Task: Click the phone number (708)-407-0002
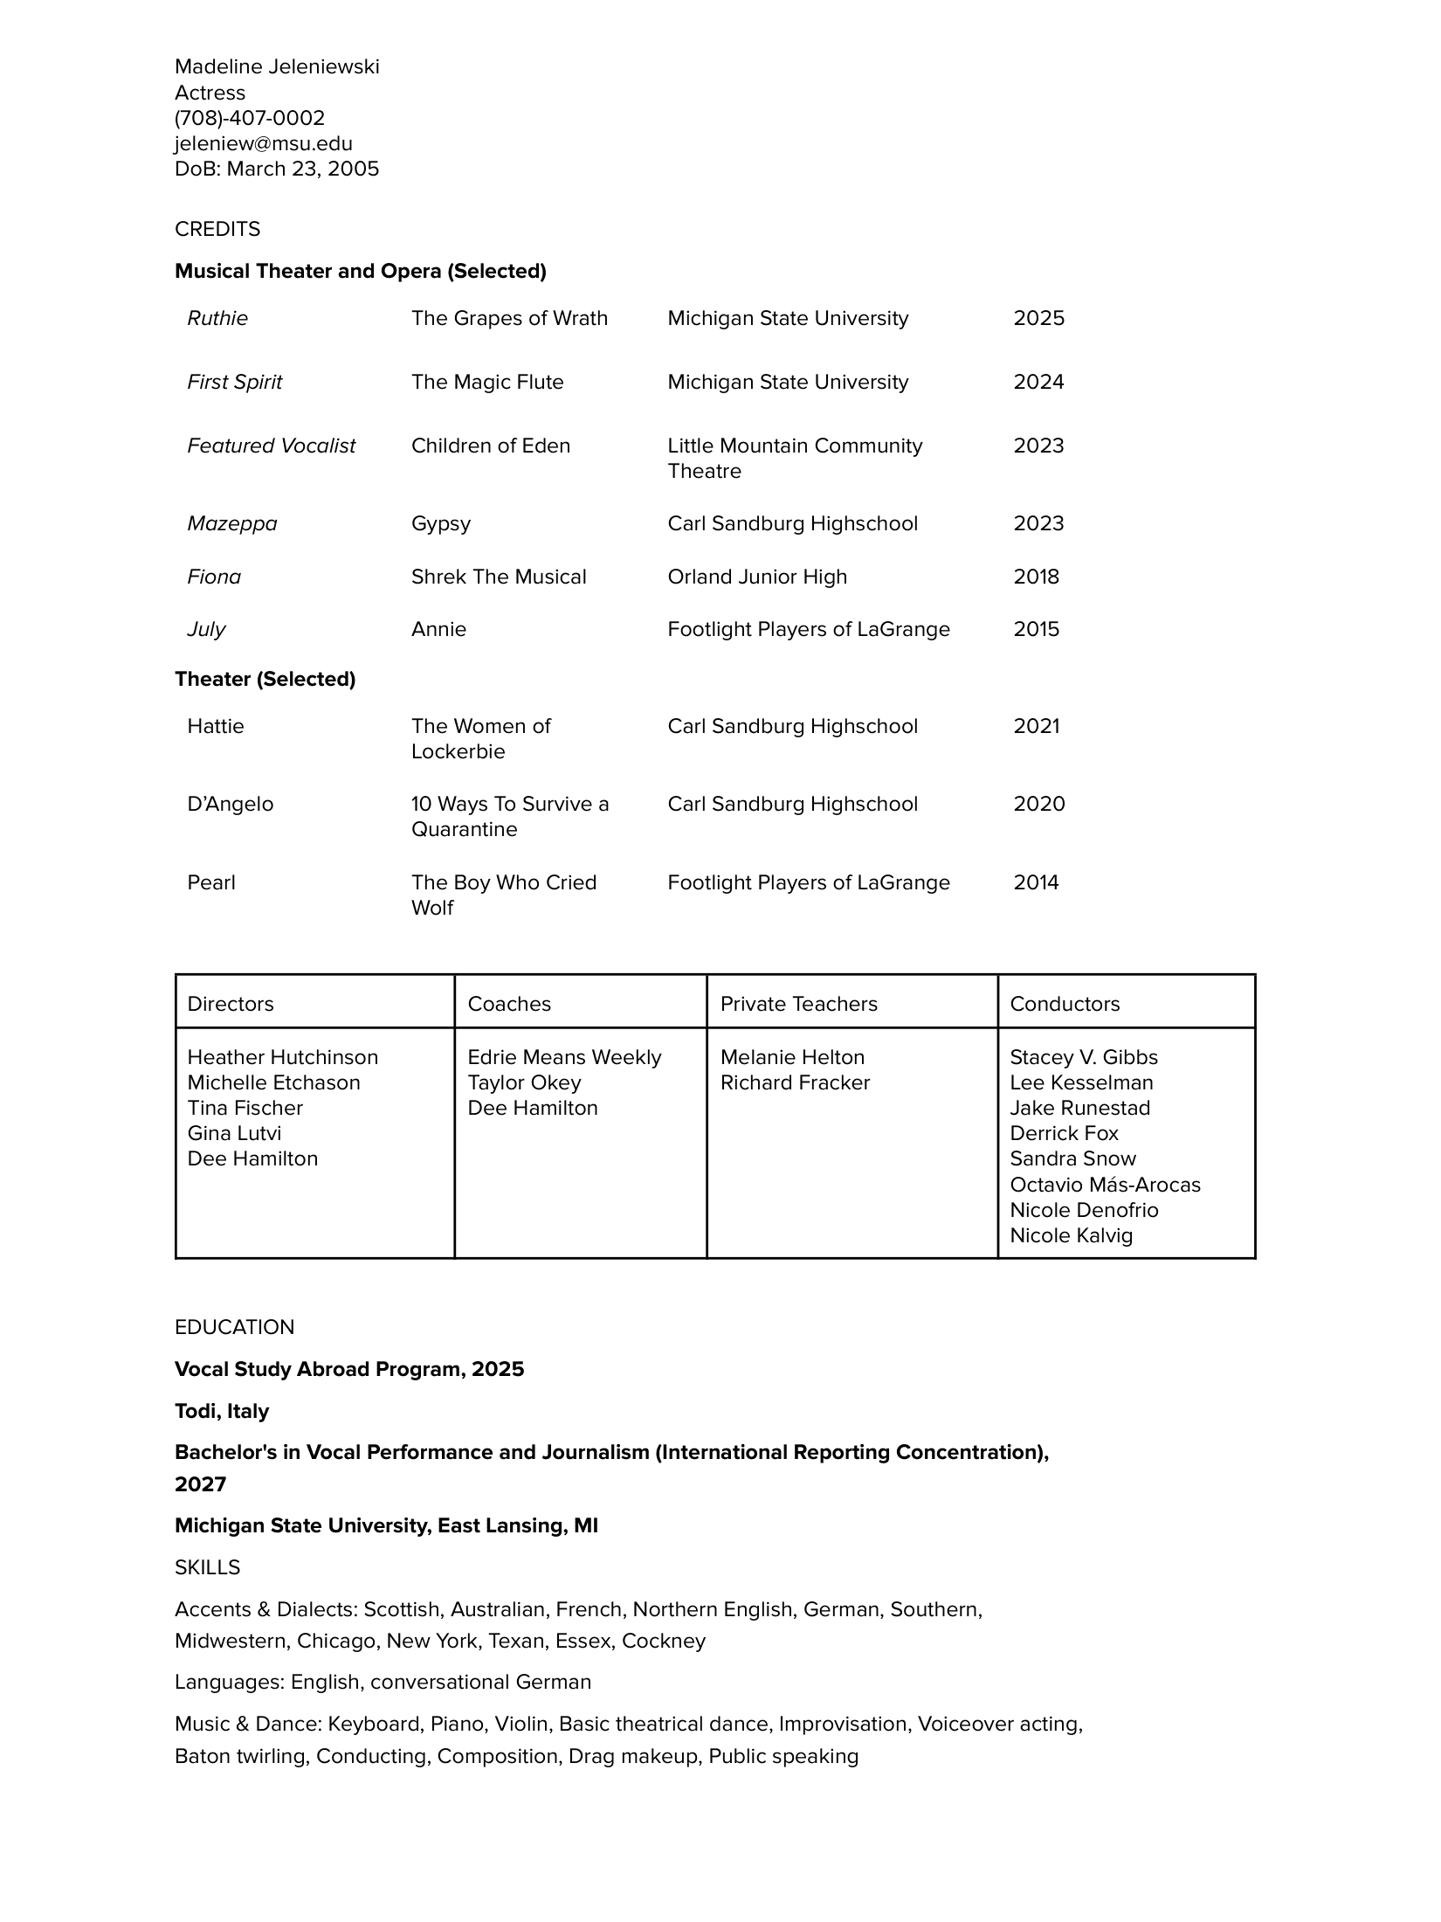coord(250,118)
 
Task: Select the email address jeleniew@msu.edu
coord(264,143)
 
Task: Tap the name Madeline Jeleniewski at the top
coord(277,67)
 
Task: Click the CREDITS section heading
coord(217,229)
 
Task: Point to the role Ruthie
coord(217,318)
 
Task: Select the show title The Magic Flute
coord(487,382)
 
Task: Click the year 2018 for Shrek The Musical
coord(1036,577)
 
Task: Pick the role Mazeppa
coord(232,523)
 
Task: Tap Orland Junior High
coord(757,577)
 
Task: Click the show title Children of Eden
coord(491,446)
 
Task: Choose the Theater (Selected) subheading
coord(265,679)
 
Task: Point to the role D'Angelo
coord(231,804)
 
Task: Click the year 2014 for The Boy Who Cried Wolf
coord(1036,882)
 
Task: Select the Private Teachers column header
coord(798,1004)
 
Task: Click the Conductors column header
coord(1065,1004)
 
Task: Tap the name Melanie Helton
coord(792,1057)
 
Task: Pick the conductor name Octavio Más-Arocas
coord(1105,1185)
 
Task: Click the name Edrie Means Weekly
coord(564,1057)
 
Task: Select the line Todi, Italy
coord(222,1411)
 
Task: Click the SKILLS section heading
coord(208,1567)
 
